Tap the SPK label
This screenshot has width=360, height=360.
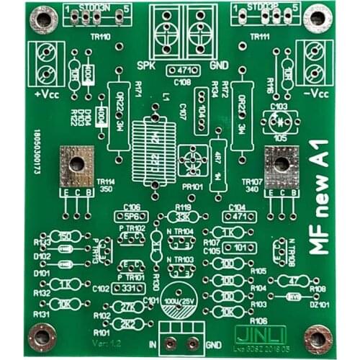click(146, 66)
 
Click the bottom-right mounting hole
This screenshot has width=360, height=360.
click(315, 337)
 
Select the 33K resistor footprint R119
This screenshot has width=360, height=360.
click(183, 216)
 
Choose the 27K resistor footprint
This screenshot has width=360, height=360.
click(129, 306)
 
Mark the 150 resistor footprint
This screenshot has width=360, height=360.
click(65, 236)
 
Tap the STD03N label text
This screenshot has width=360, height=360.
click(95, 8)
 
